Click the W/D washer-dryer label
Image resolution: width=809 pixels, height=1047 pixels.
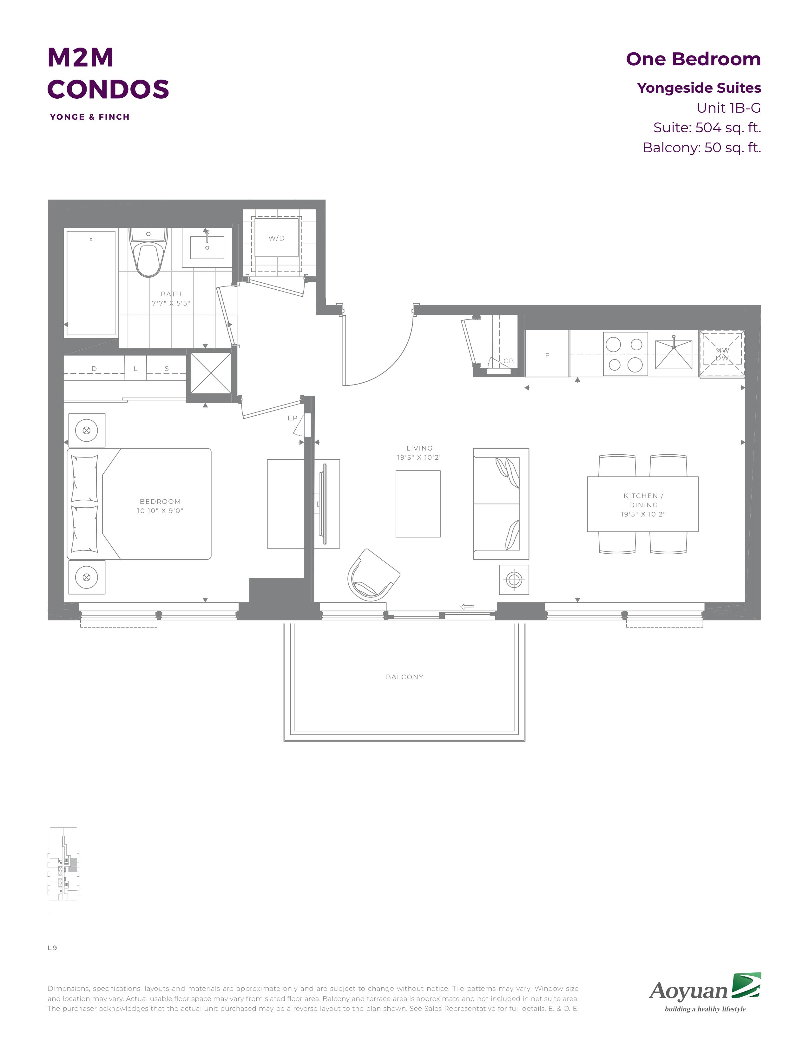coord(277,238)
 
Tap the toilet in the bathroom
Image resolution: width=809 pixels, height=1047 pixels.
coord(148,252)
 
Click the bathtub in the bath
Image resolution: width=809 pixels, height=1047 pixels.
coord(91,283)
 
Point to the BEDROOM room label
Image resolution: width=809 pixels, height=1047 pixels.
coord(160,501)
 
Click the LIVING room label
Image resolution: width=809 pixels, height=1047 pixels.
coord(419,448)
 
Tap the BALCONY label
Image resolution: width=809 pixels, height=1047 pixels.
coord(404,677)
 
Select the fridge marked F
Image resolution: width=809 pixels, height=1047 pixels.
coord(547,353)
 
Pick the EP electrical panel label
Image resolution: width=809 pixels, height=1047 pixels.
coord(293,418)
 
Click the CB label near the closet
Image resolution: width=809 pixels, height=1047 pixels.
coord(509,361)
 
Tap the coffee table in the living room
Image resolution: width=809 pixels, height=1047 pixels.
coord(418,504)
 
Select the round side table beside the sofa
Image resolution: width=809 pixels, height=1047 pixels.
coord(514,580)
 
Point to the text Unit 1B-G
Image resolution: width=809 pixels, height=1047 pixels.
coord(728,108)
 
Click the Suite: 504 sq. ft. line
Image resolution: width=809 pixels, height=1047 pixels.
coord(707,128)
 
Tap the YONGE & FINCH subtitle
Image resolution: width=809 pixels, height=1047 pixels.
coord(89,117)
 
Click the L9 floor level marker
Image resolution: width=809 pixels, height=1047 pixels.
coord(52,948)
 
